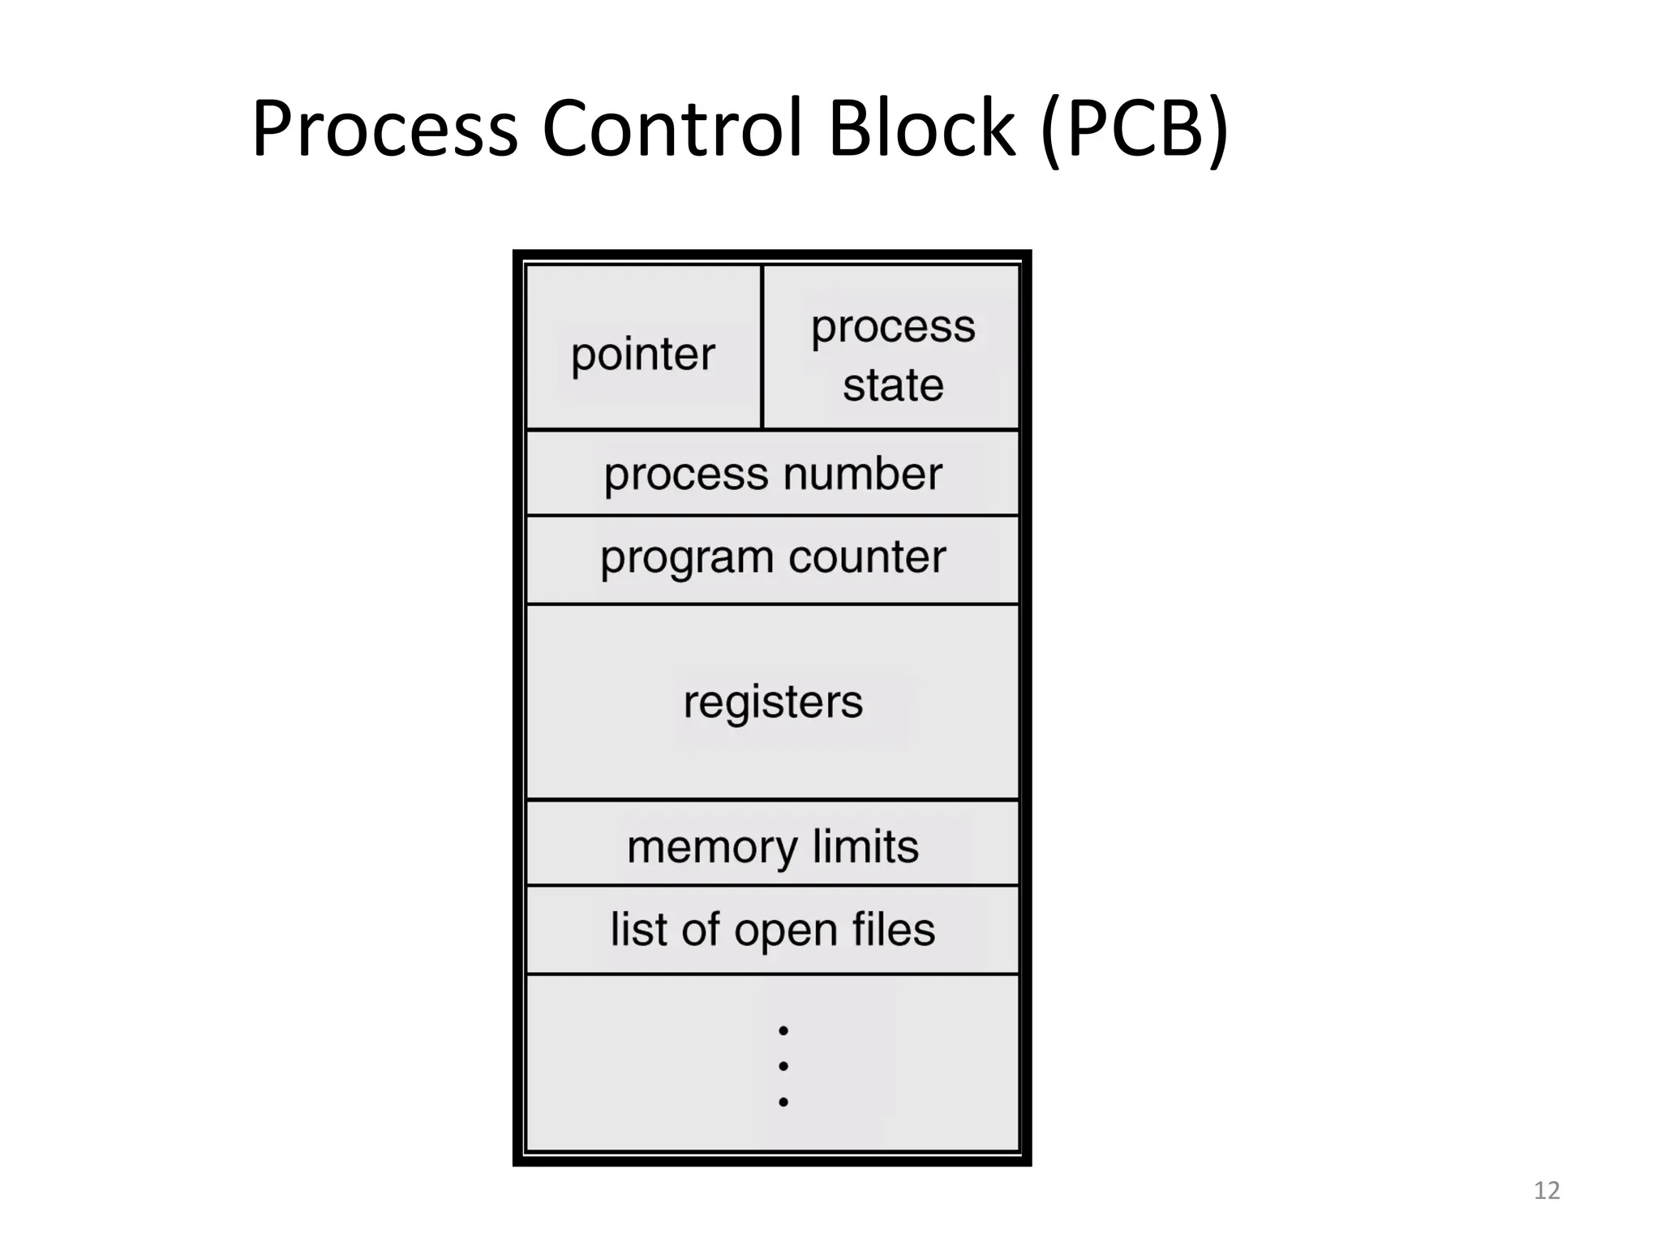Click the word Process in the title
384,130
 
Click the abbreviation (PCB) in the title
1134,130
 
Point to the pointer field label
642,355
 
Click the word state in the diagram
892,385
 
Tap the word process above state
892,329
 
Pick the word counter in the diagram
867,557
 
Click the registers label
773,702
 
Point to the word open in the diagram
785,931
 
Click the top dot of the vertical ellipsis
783,1031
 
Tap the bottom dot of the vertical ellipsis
783,1102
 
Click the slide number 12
1547,1191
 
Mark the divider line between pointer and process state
762,347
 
